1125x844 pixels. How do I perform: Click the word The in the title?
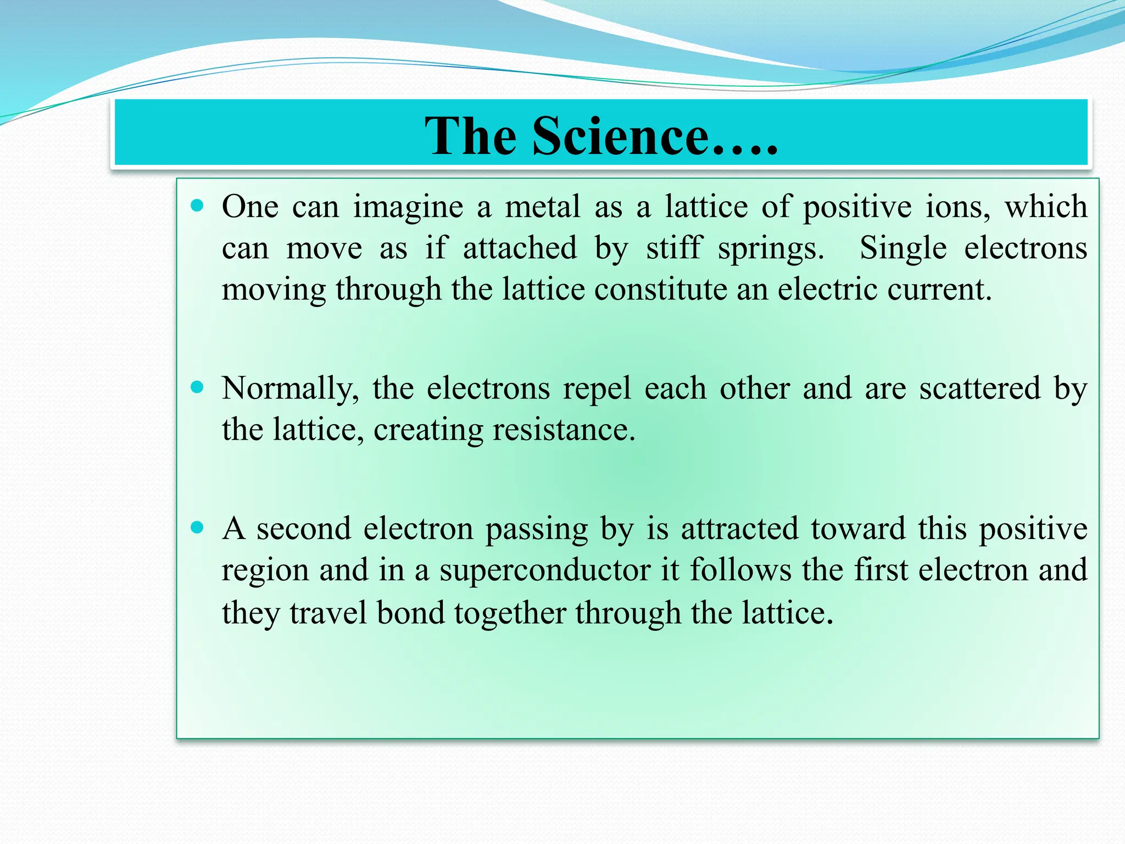tap(471, 136)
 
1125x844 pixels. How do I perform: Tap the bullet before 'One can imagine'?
tap(197, 206)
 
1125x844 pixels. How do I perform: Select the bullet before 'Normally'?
tap(197, 387)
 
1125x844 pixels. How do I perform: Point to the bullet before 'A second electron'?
tap(197, 528)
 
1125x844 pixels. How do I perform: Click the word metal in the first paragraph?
tap(542, 207)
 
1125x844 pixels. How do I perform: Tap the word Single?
tap(903, 249)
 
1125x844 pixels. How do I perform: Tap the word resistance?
tap(564, 430)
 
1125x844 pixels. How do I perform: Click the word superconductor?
tap(544, 570)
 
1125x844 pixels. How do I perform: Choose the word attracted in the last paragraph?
tap(739, 529)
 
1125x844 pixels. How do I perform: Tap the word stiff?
tap(674, 248)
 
